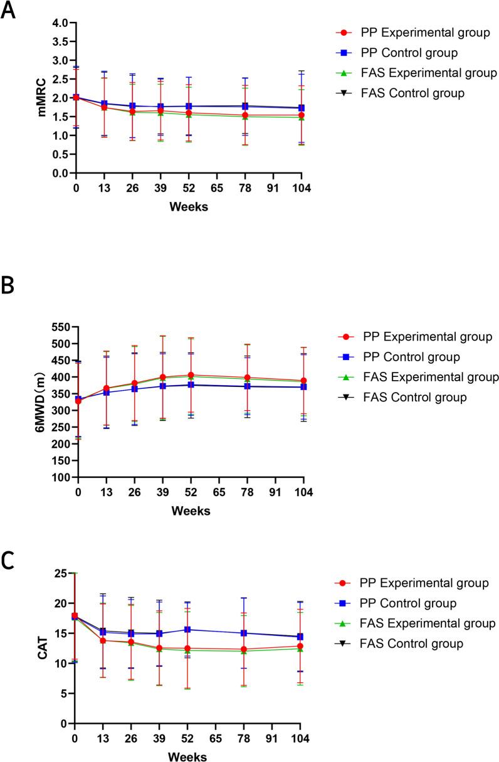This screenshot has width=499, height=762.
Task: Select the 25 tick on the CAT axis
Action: point(60,573)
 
